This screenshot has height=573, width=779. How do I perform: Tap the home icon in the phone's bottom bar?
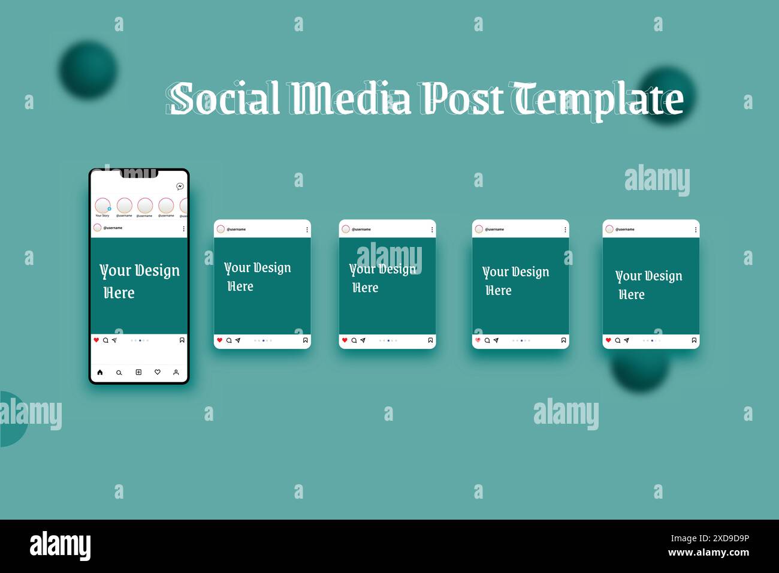[x=100, y=372]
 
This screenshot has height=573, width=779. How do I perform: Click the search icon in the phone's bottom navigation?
[x=119, y=373]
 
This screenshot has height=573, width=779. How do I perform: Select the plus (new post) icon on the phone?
[x=138, y=372]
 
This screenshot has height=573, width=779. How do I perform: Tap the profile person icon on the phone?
[x=176, y=372]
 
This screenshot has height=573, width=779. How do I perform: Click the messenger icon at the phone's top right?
[x=180, y=186]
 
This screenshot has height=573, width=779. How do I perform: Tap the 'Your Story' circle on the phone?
[x=102, y=206]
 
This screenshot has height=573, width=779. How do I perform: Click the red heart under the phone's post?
[x=96, y=340]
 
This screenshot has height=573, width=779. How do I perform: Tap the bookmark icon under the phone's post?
[x=182, y=340]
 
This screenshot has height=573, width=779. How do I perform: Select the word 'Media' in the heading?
[x=350, y=98]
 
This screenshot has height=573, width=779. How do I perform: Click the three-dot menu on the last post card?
[x=696, y=230]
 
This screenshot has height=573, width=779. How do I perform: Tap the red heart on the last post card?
[x=608, y=340]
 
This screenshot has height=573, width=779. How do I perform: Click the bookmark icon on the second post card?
[x=306, y=340]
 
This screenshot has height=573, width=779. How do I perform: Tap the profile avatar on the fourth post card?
[x=479, y=229]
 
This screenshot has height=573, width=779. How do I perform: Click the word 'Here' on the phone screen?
[x=119, y=292]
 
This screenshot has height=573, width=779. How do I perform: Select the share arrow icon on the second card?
[x=238, y=340]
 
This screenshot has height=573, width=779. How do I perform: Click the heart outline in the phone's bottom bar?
[x=158, y=372]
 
